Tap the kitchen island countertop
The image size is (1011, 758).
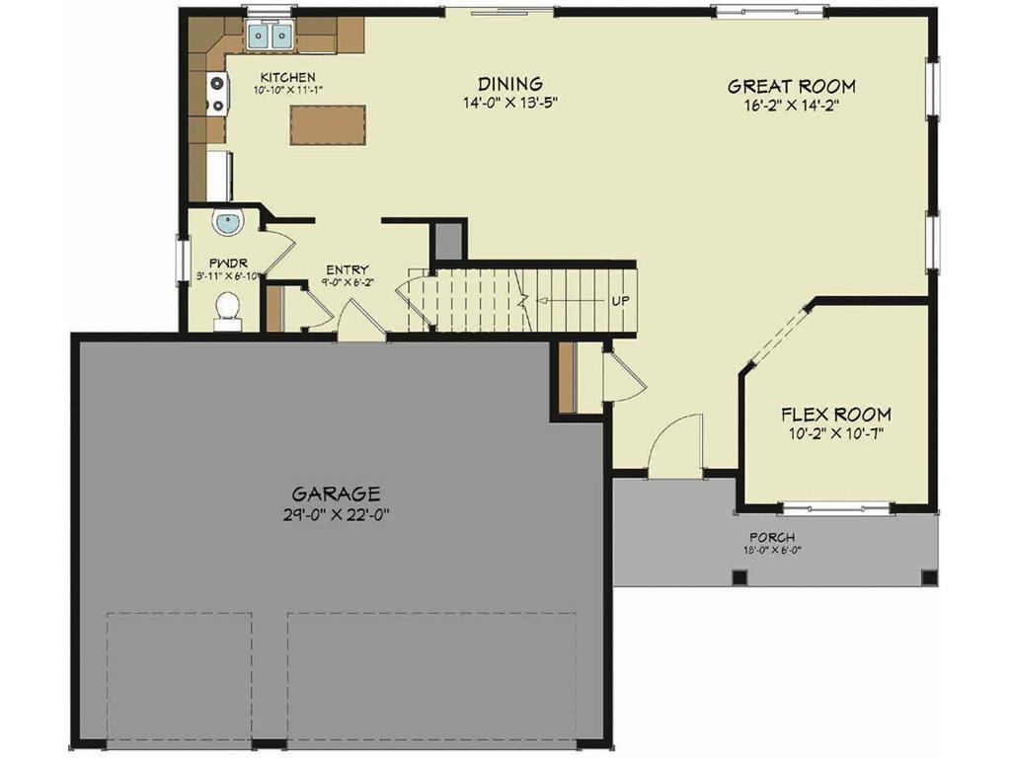tap(328, 125)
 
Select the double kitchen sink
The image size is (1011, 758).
tap(270, 37)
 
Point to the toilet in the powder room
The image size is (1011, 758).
tap(228, 308)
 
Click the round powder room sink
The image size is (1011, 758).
tap(227, 223)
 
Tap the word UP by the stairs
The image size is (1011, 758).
tap(620, 301)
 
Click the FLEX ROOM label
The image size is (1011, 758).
tap(835, 415)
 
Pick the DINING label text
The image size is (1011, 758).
tap(509, 85)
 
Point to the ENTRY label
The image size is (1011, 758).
tap(347, 269)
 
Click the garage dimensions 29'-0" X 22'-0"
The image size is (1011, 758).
tap(336, 514)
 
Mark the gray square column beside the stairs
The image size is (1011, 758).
tap(449, 241)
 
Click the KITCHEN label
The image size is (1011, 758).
tap(287, 77)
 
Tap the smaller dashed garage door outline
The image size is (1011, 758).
tap(179, 675)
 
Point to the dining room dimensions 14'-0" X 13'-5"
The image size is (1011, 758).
tap(509, 104)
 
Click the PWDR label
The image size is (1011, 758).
tap(227, 264)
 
